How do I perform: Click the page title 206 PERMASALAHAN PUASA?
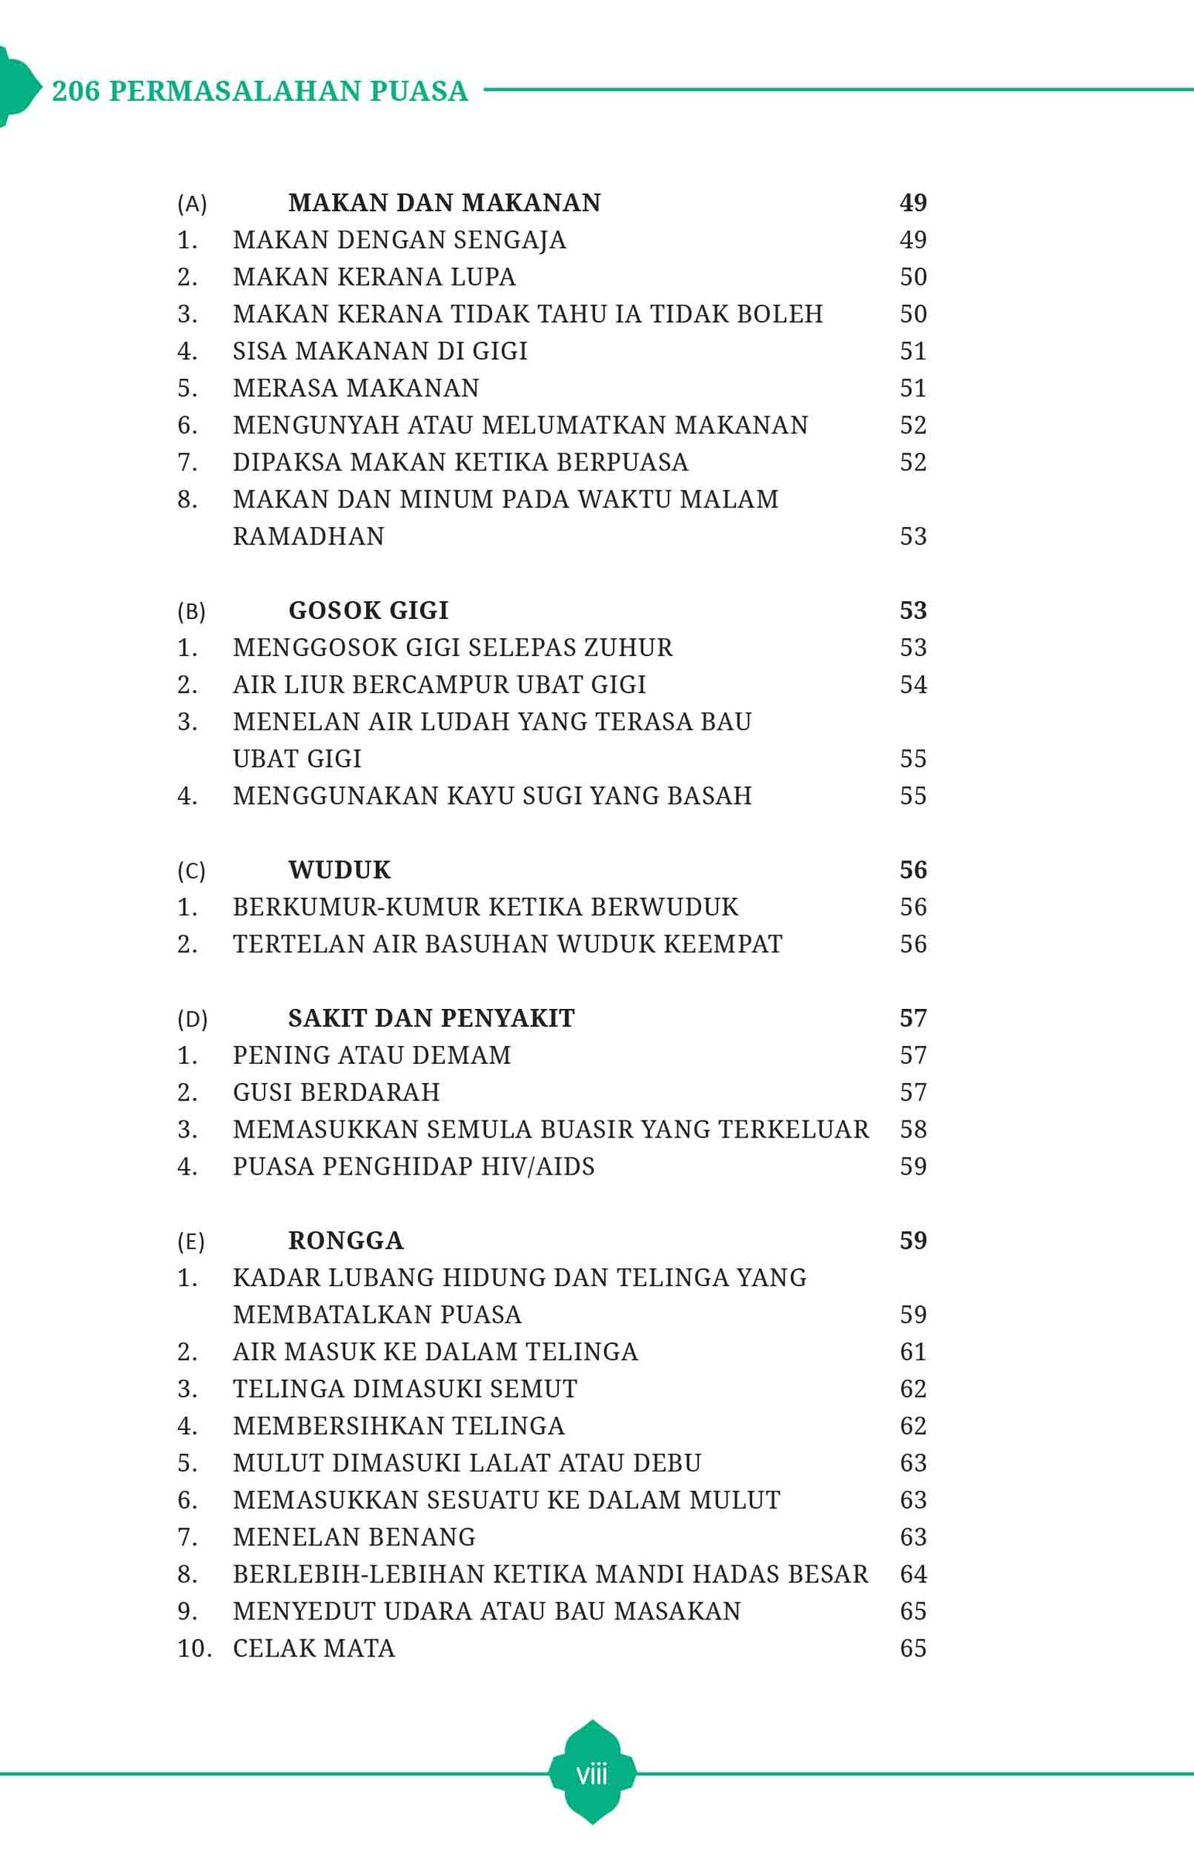(260, 91)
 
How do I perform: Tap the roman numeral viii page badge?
(591, 1773)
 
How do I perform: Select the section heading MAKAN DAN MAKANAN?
(444, 203)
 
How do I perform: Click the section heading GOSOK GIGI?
(368, 610)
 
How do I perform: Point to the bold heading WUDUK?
(340, 870)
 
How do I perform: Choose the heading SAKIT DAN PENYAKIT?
(431, 1017)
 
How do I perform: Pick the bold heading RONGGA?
(346, 1240)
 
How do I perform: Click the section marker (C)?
(191, 871)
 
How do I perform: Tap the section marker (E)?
(190, 1242)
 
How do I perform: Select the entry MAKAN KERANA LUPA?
(374, 277)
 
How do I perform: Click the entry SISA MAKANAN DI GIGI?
(380, 351)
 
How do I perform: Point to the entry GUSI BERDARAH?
(336, 1092)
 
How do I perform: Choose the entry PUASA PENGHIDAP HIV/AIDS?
(413, 1167)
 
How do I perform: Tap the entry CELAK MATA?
(313, 1648)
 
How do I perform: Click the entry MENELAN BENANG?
(354, 1537)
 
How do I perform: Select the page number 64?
(912, 1574)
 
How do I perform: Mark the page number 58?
(912, 1129)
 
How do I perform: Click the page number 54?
(912, 684)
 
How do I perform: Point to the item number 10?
(193, 1648)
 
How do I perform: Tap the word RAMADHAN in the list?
(309, 536)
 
